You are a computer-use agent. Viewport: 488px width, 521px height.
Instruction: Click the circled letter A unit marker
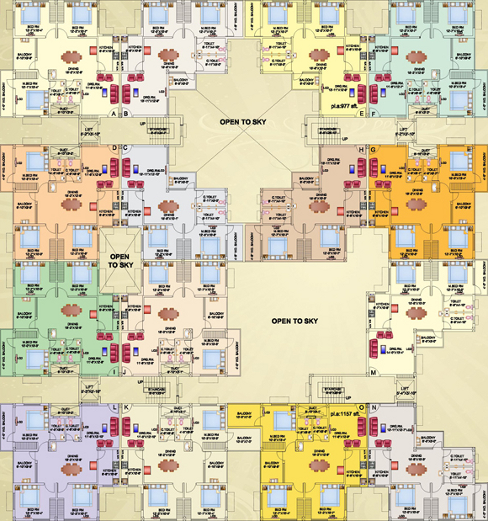[114, 114]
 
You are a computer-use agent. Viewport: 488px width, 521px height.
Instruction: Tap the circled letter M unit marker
[373, 373]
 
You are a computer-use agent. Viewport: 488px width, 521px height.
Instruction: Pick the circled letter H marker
[361, 150]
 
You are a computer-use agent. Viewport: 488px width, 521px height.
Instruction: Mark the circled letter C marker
[125, 148]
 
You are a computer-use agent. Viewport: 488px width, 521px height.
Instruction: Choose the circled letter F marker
[373, 114]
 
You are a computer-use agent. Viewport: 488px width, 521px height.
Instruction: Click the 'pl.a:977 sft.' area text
[344, 106]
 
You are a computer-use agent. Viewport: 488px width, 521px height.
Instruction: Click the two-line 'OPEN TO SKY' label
[120, 261]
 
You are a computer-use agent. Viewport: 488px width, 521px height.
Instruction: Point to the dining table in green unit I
[71, 310]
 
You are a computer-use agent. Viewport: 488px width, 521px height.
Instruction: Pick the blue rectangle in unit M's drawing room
[384, 349]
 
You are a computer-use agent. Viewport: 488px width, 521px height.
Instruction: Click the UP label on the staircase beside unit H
[345, 139]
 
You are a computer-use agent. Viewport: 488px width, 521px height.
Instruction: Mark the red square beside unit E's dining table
[340, 50]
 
